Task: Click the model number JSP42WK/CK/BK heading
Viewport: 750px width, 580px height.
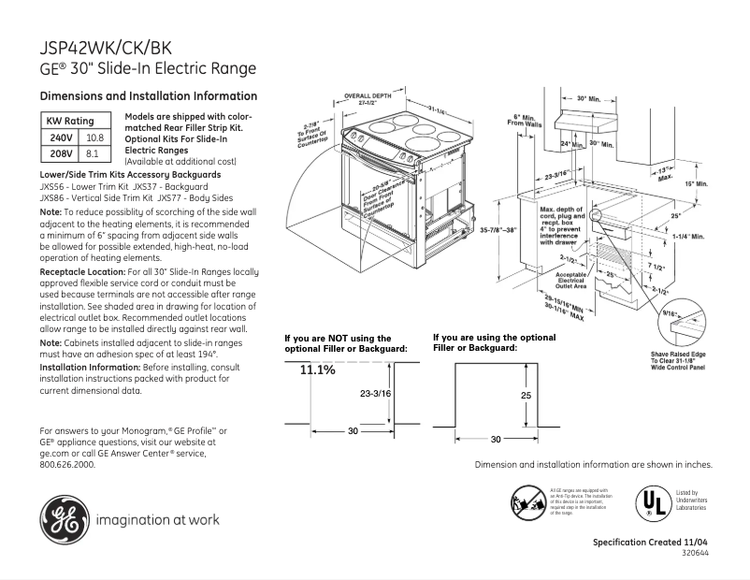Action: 106,46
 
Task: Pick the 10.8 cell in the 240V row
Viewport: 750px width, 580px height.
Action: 93,137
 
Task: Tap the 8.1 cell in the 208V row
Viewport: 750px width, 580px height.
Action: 93,152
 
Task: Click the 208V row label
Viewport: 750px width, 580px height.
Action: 60,152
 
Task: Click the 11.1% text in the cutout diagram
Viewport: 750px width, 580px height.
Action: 317,371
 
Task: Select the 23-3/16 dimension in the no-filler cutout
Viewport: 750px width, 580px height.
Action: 374,394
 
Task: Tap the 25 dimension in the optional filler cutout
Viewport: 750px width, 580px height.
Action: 525,396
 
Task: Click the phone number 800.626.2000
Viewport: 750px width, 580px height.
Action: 67,463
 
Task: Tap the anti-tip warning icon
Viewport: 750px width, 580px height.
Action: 527,501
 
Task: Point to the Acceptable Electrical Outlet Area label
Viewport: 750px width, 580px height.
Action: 570,279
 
